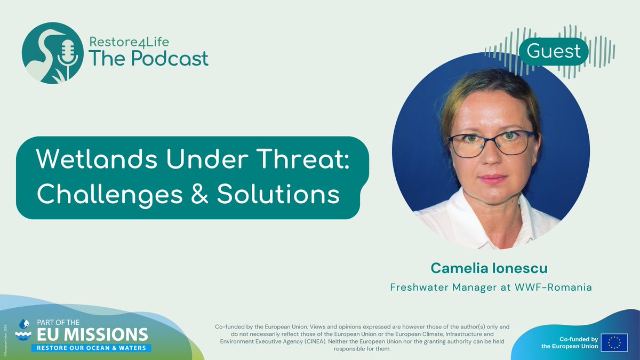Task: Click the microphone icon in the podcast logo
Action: click(68, 53)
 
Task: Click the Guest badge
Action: click(553, 52)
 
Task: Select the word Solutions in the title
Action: click(278, 194)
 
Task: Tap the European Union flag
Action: click(614, 342)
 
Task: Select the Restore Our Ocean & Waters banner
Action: click(91, 348)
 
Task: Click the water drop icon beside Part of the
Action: click(23, 323)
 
